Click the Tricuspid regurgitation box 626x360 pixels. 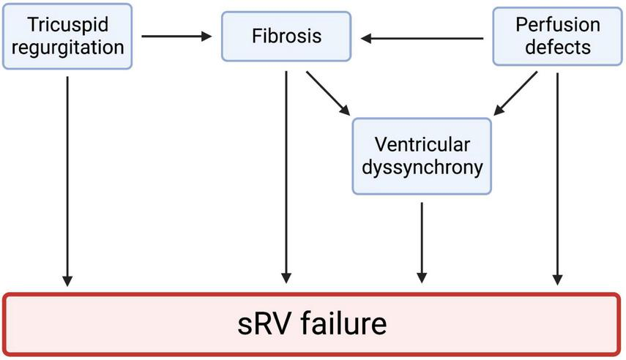pyautogui.click(x=67, y=36)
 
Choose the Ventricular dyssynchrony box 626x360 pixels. pyautogui.click(x=422, y=155)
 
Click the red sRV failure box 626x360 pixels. pyautogui.click(x=313, y=324)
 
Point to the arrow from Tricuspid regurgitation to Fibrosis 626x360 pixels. pyautogui.click(x=176, y=35)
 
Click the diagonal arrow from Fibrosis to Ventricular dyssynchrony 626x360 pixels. pyautogui.click(x=327, y=92)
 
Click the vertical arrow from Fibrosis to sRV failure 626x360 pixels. pyautogui.click(x=286, y=176)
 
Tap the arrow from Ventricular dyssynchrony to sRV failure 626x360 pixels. pyautogui.click(x=422, y=241)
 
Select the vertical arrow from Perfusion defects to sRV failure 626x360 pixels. pyautogui.click(x=559, y=176)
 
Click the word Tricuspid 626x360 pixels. pyautogui.click(x=67, y=25)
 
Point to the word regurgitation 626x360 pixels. pyautogui.click(x=67, y=48)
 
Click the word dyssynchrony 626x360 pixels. pyautogui.click(x=422, y=168)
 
